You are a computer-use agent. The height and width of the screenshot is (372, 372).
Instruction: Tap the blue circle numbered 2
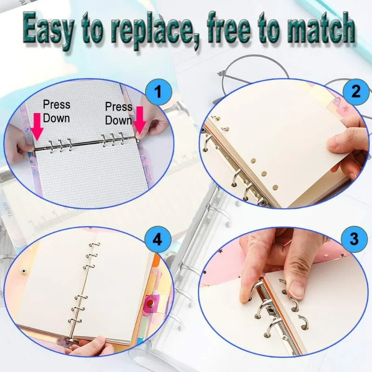tap(355, 91)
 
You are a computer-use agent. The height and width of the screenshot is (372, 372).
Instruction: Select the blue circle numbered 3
tap(354, 239)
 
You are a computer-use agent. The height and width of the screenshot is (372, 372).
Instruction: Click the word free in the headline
tap(237, 29)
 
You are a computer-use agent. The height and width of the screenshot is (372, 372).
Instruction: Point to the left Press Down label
tap(56, 111)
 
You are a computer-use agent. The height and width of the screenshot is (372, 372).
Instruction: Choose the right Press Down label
tap(119, 113)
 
